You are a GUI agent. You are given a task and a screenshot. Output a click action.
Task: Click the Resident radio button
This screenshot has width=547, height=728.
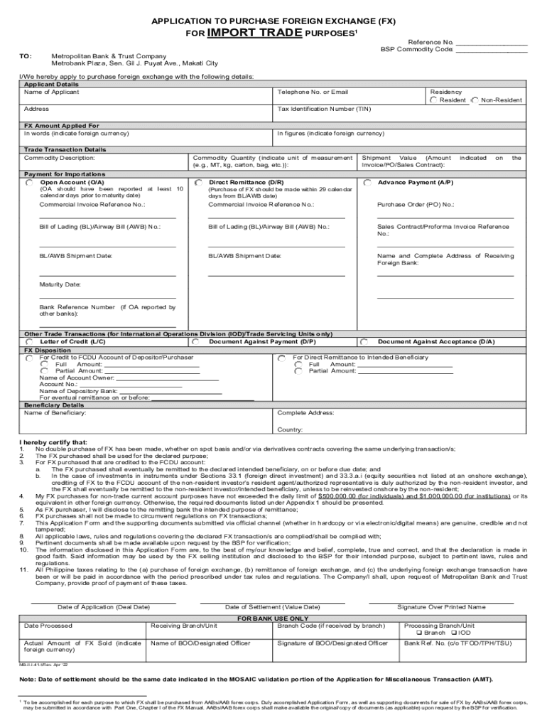433,100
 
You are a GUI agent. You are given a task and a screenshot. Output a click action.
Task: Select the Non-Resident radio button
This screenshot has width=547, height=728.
475,100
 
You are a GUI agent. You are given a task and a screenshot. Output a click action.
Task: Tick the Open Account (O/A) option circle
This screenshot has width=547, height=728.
28,183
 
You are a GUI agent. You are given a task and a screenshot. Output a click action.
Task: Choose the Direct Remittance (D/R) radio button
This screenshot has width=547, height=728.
198,183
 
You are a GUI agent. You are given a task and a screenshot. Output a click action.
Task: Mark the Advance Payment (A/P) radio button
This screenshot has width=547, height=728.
367,183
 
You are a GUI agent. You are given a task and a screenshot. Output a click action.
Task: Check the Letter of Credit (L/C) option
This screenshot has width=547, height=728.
28,342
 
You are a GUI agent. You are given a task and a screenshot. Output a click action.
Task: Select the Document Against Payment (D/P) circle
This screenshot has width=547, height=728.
198,342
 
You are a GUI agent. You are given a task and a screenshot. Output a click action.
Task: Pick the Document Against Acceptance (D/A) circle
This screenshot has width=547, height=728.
364,342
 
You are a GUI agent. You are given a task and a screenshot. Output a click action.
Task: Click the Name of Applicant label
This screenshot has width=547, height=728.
52,92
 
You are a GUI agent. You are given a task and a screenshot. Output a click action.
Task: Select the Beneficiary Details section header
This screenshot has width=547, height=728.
54,405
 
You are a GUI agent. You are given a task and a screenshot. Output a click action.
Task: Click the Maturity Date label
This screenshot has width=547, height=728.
60,284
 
